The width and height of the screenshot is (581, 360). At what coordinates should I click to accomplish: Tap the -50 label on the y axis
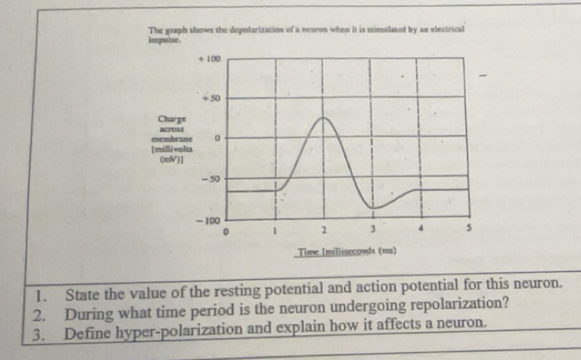210,179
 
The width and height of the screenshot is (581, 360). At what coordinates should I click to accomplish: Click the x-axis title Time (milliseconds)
347,251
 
